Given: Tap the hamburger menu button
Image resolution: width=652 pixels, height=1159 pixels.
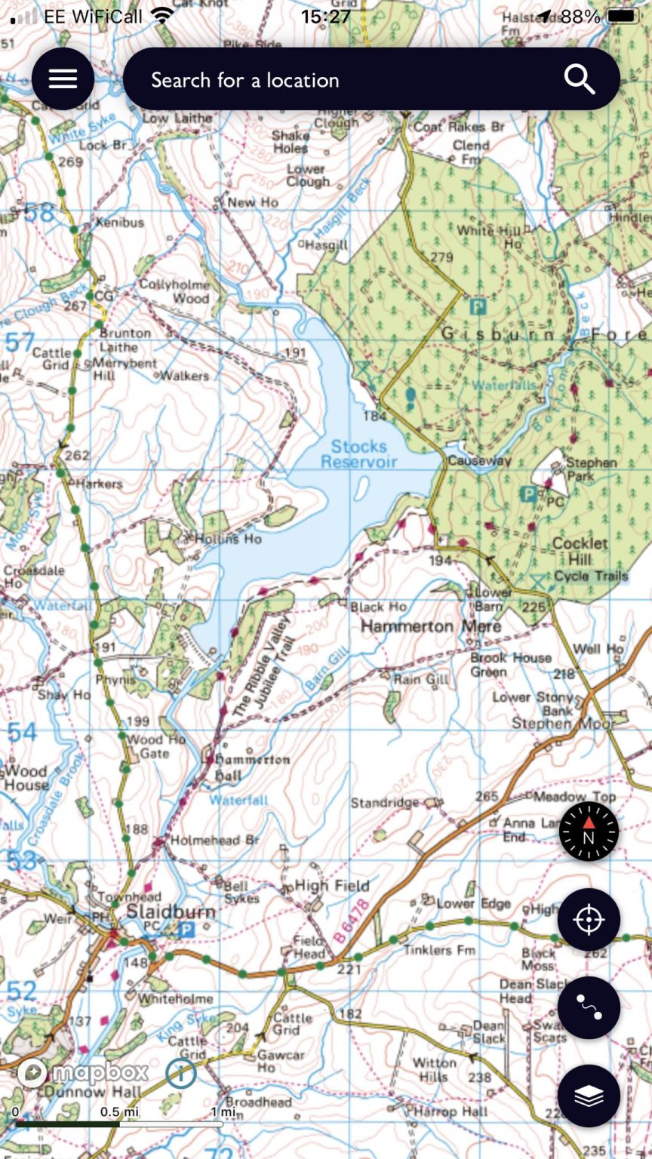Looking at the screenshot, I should pos(63,79).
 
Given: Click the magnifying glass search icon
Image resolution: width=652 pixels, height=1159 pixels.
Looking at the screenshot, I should pos(579,79).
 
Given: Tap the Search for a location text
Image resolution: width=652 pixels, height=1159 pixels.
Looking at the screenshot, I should pos(244,80).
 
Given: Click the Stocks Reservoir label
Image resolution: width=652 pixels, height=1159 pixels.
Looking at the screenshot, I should pos(359,454).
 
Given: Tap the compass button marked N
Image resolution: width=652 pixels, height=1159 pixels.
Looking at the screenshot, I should pos(589,832).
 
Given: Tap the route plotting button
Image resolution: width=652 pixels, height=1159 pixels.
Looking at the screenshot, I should pos(589,1008).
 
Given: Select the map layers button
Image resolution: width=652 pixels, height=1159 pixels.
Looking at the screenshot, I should pos(589,1096).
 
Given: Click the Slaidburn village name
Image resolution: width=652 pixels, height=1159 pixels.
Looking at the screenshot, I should pos(171,912).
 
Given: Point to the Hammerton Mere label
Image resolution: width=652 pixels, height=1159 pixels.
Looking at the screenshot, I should pos(430,626).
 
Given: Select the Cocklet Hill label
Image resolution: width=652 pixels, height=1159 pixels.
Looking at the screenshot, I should pos(580,551).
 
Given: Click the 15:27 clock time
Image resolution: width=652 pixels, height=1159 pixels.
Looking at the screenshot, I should pos(325,16).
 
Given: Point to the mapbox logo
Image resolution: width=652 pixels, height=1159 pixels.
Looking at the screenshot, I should pos(85,1072).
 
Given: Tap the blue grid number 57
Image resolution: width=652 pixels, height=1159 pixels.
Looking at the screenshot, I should pos(20,343).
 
